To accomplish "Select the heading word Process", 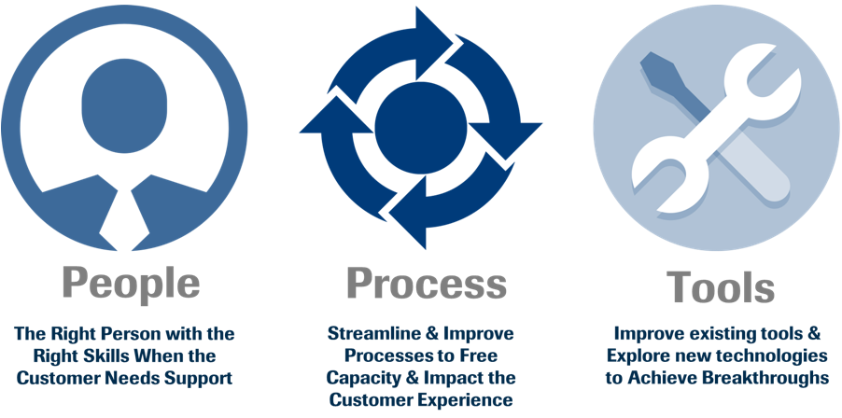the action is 427,284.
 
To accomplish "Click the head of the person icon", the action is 124,105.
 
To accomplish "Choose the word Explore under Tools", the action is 640,356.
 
